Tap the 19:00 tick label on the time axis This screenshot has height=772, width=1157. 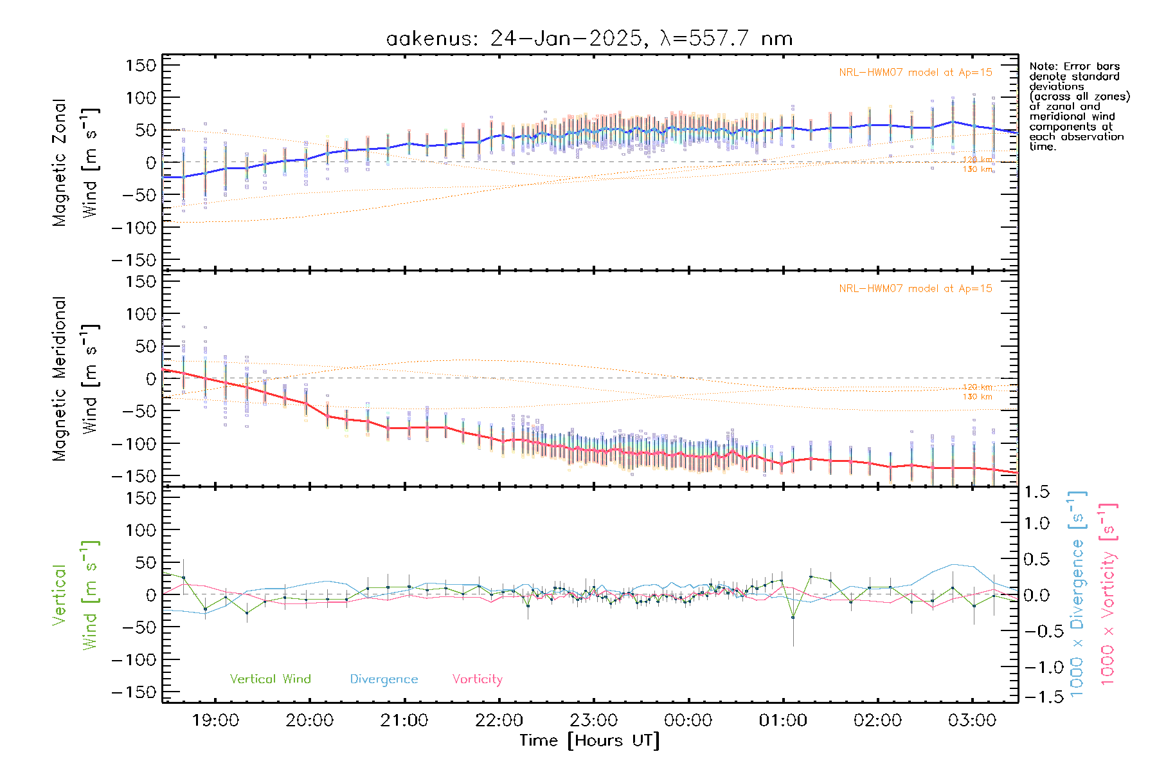click(x=215, y=721)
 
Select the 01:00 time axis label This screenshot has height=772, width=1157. click(x=783, y=721)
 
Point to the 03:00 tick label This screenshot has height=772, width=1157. click(x=972, y=721)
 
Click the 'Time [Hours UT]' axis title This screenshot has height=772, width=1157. click(x=589, y=741)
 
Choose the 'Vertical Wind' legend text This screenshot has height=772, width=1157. click(x=270, y=679)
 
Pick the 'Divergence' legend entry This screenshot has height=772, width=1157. click(x=384, y=679)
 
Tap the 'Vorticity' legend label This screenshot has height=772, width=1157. click(x=477, y=679)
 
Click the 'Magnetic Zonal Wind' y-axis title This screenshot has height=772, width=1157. click(x=75, y=162)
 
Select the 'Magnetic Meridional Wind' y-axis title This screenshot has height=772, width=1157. click(x=75, y=379)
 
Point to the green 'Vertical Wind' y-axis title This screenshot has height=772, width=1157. click(x=75, y=595)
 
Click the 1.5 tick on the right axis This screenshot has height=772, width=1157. click(x=1036, y=493)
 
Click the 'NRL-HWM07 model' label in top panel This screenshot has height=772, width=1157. click(x=915, y=73)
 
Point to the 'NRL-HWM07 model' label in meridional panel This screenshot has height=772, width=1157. click(x=915, y=289)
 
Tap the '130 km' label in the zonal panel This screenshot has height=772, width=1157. click(x=977, y=169)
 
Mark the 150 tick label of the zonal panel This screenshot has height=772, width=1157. click(x=141, y=66)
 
